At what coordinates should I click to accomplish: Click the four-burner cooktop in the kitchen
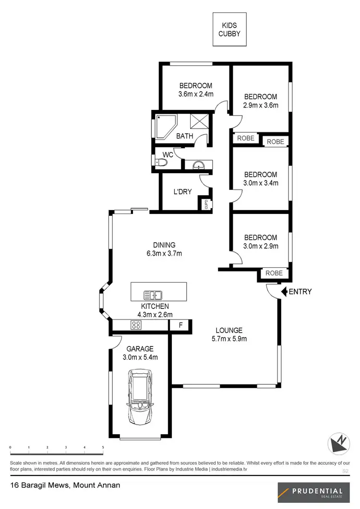(x=136, y=325)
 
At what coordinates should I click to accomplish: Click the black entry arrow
(x=284, y=291)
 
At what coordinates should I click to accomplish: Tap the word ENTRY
(x=300, y=291)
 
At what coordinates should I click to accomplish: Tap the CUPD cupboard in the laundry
(x=206, y=204)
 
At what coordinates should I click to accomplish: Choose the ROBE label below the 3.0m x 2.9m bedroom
(x=275, y=274)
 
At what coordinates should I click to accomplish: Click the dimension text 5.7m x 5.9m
(x=228, y=339)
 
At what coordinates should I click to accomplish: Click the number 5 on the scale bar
(x=103, y=448)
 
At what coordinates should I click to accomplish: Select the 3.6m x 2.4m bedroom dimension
(x=196, y=94)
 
